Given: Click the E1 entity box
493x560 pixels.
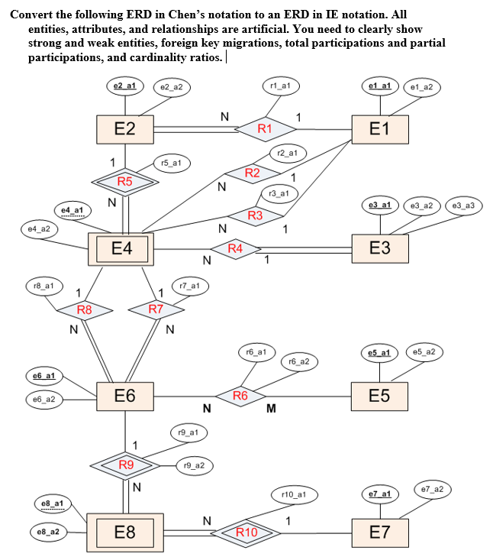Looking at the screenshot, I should click(x=379, y=128).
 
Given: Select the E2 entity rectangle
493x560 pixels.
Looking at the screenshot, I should click(x=125, y=128).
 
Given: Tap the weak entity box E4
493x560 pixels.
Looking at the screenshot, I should click(x=121, y=248).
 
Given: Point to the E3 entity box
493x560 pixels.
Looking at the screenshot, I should click(x=379, y=248).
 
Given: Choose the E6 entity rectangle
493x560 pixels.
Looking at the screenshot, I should click(x=125, y=396).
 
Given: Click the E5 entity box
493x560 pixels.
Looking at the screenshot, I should click(x=379, y=396).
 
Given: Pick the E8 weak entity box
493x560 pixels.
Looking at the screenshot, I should click(x=125, y=532).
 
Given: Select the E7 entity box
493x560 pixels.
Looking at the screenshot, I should click(x=379, y=532).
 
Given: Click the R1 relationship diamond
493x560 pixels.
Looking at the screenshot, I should click(x=264, y=128).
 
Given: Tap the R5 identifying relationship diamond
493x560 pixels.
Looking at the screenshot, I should click(x=125, y=182).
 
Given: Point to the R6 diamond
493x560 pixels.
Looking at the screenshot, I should click(x=240, y=396).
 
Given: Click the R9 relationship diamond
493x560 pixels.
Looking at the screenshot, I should click(x=125, y=465).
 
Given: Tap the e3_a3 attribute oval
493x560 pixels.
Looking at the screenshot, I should click(x=463, y=206).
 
